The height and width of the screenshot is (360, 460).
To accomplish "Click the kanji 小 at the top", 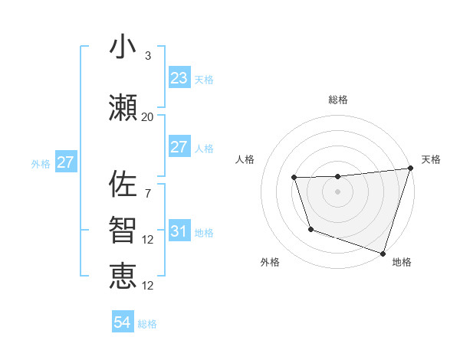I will pyautogui.click(x=123, y=47).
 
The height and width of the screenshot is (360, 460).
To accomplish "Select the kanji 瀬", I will pyautogui.click(x=123, y=108).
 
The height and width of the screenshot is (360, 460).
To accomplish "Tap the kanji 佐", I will pyautogui.click(x=123, y=184).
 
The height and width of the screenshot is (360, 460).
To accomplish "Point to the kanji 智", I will pyautogui.click(x=123, y=231).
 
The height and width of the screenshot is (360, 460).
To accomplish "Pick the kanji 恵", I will pyautogui.click(x=123, y=277).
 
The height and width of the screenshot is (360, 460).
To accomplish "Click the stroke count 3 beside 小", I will pyautogui.click(x=148, y=56).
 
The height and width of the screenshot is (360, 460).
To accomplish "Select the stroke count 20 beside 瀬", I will pyautogui.click(x=148, y=117).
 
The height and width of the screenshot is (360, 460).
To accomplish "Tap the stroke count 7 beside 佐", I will pyautogui.click(x=148, y=193).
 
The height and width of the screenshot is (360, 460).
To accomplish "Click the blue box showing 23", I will pyautogui.click(x=179, y=78).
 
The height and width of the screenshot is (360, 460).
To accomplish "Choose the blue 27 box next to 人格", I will pyautogui.click(x=179, y=147).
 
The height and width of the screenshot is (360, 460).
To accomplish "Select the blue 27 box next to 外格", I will pyautogui.click(x=65, y=162).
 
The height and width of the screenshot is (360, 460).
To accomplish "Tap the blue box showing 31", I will pyautogui.click(x=179, y=231).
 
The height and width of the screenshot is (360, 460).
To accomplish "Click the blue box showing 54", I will pyautogui.click(x=123, y=323).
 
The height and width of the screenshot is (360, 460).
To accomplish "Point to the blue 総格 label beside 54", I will pyautogui.click(x=147, y=324).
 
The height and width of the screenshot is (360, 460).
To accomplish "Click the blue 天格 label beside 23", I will pyautogui.click(x=204, y=79).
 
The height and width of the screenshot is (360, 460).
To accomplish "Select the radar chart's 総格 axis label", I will pyautogui.click(x=338, y=100).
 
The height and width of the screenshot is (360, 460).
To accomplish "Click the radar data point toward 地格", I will pyautogui.click(x=383, y=253).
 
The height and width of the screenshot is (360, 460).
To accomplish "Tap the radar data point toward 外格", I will pyautogui.click(x=310, y=229).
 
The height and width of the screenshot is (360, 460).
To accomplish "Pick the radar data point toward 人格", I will pyautogui.click(x=294, y=178).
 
